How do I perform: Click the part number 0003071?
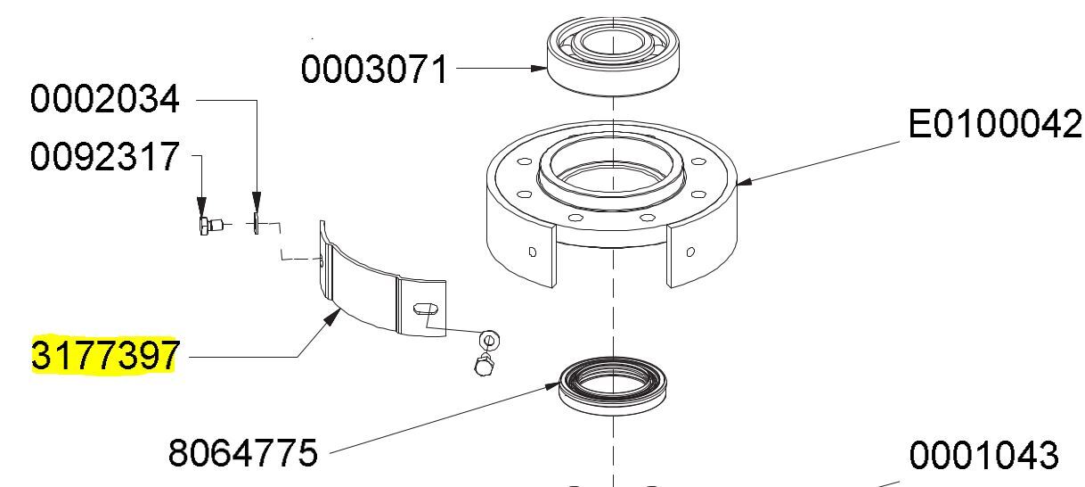tap(373, 69)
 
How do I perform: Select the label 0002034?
tap(104, 99)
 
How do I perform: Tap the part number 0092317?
tap(104, 156)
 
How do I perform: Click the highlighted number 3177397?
tap(104, 355)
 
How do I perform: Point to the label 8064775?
tap(242, 453)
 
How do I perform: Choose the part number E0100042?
tap(995, 124)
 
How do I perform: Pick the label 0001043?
tap(983, 455)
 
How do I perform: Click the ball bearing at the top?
tap(613, 56)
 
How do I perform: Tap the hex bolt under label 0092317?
tap(209, 226)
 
